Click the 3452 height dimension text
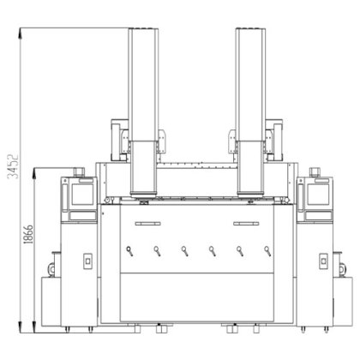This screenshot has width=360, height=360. [x=13, y=166]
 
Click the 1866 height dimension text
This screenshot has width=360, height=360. [x=28, y=234]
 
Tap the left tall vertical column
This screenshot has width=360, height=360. [x=143, y=111]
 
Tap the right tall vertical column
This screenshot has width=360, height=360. [x=250, y=111]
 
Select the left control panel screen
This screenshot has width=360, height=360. [x=82, y=195]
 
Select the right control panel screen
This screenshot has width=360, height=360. [x=318, y=195]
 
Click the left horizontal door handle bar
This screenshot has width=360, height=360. [x=148, y=224]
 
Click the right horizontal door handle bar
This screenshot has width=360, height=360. [x=246, y=224]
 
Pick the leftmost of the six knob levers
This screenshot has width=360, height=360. [x=129, y=251]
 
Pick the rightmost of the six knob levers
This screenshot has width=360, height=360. [x=267, y=251]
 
